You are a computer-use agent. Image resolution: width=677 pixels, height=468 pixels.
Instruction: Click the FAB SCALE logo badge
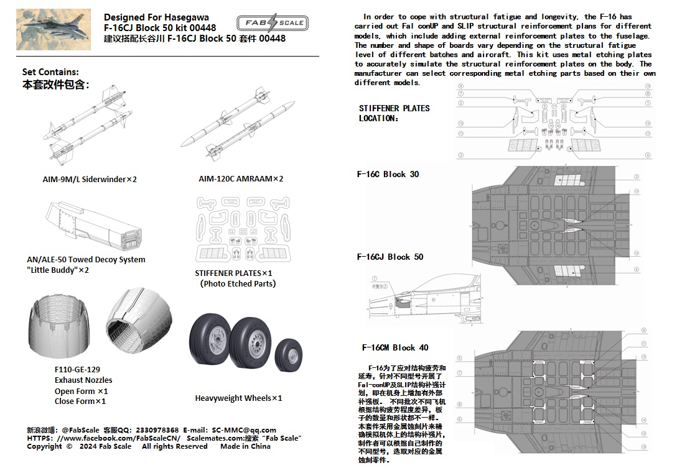click(271, 23)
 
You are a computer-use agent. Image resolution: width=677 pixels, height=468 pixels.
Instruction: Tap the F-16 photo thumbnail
click(54, 29)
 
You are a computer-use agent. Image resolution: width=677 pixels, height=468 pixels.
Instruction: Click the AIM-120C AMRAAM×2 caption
click(241, 179)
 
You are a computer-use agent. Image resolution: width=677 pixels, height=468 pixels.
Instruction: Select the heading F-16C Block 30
click(388, 175)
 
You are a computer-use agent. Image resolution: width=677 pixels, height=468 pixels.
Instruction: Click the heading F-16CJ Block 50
click(390, 257)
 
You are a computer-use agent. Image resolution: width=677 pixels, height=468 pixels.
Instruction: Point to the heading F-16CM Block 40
click(395, 348)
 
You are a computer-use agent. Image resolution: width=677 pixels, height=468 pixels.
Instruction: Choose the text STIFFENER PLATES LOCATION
click(394, 113)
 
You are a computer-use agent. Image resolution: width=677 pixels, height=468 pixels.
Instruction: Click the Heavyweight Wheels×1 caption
click(238, 398)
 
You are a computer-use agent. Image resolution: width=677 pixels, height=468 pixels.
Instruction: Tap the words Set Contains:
click(50, 73)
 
